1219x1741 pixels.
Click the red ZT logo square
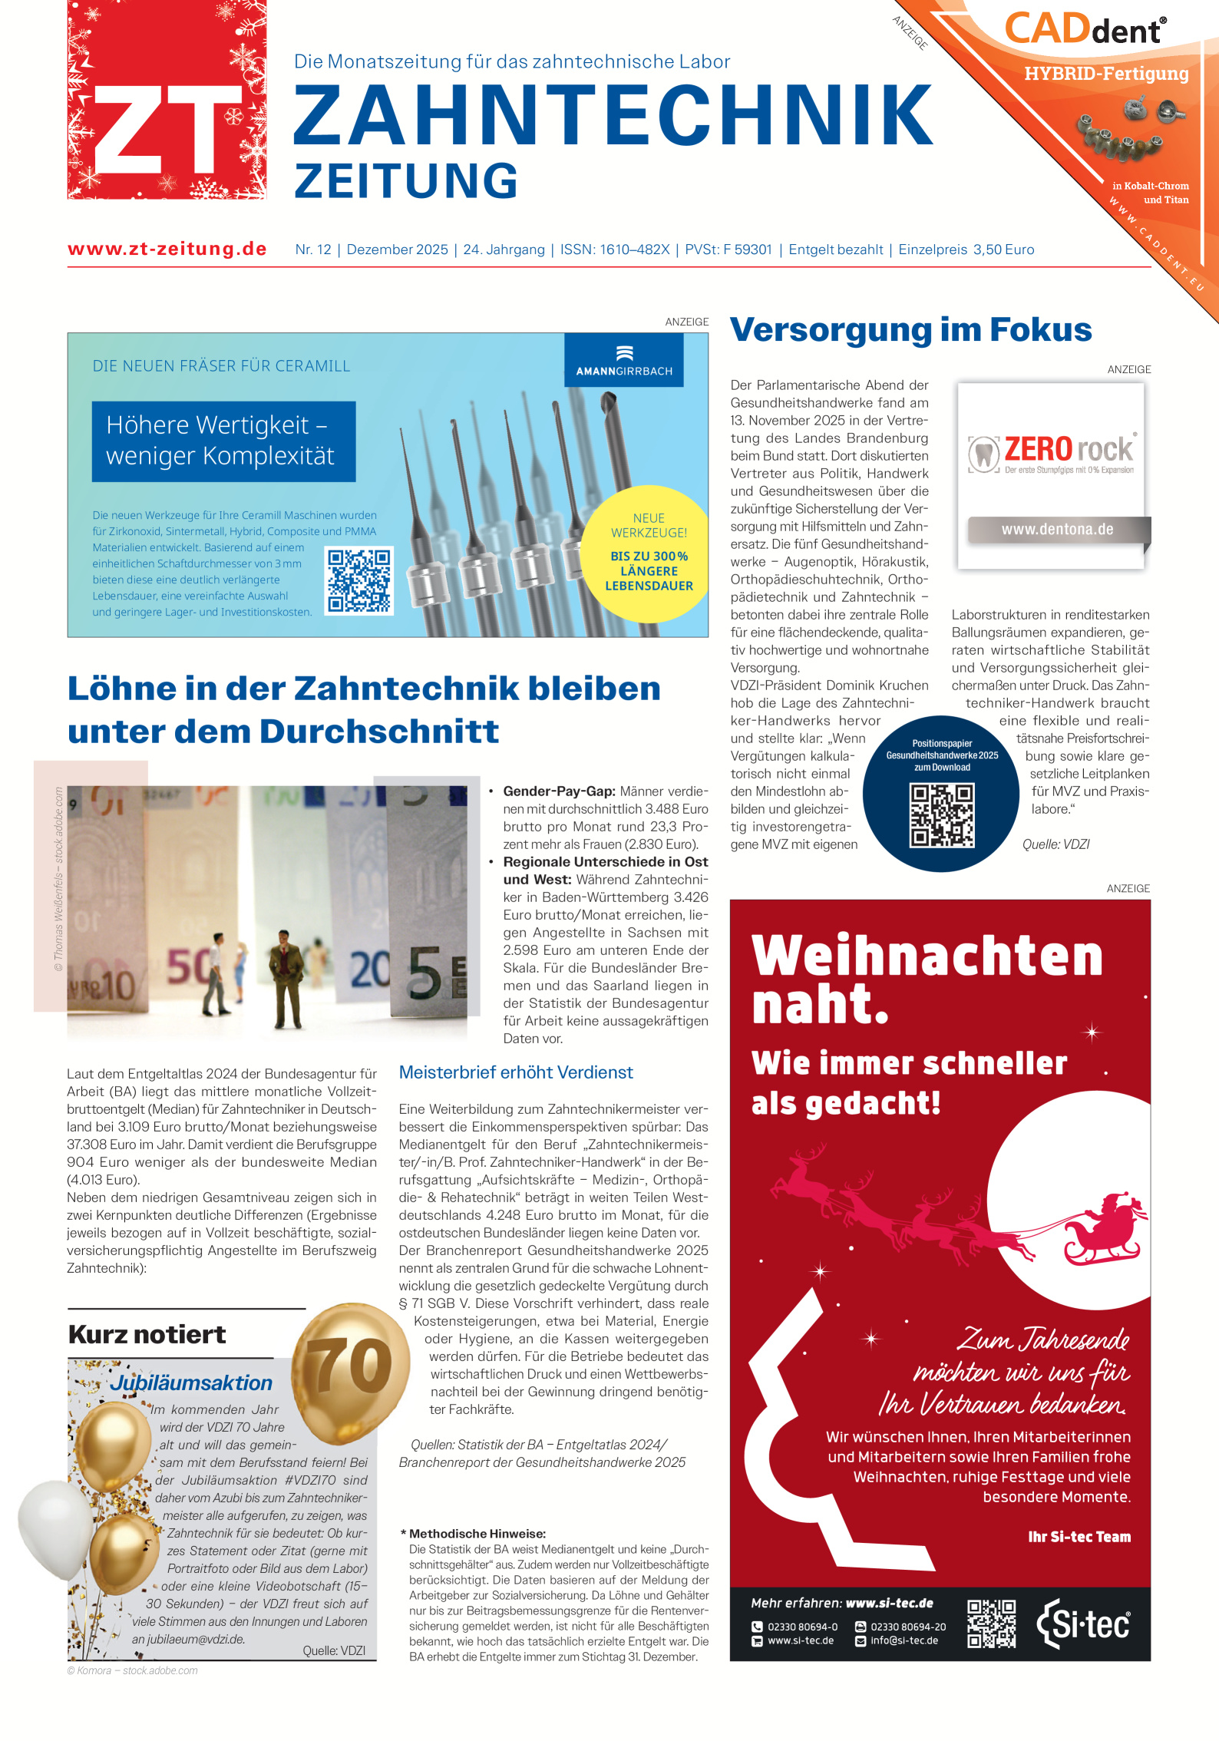point(167,100)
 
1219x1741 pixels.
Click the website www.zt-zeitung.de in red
point(167,249)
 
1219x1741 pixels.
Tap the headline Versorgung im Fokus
point(910,330)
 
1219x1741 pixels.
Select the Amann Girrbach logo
point(624,361)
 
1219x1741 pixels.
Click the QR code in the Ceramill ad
point(359,580)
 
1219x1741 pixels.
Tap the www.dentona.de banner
point(1057,530)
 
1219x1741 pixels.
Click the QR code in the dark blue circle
point(942,815)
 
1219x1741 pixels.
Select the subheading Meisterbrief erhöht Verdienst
point(516,1072)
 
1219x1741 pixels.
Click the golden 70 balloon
point(352,1366)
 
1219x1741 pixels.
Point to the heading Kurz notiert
point(147,1335)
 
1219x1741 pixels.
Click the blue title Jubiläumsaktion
point(191,1383)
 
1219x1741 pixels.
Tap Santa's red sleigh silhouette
point(1103,1231)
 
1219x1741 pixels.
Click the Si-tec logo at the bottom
point(1084,1624)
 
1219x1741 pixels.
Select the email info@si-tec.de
point(904,1640)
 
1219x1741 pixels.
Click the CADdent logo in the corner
point(1085,29)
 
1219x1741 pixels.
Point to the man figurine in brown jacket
point(286,979)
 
